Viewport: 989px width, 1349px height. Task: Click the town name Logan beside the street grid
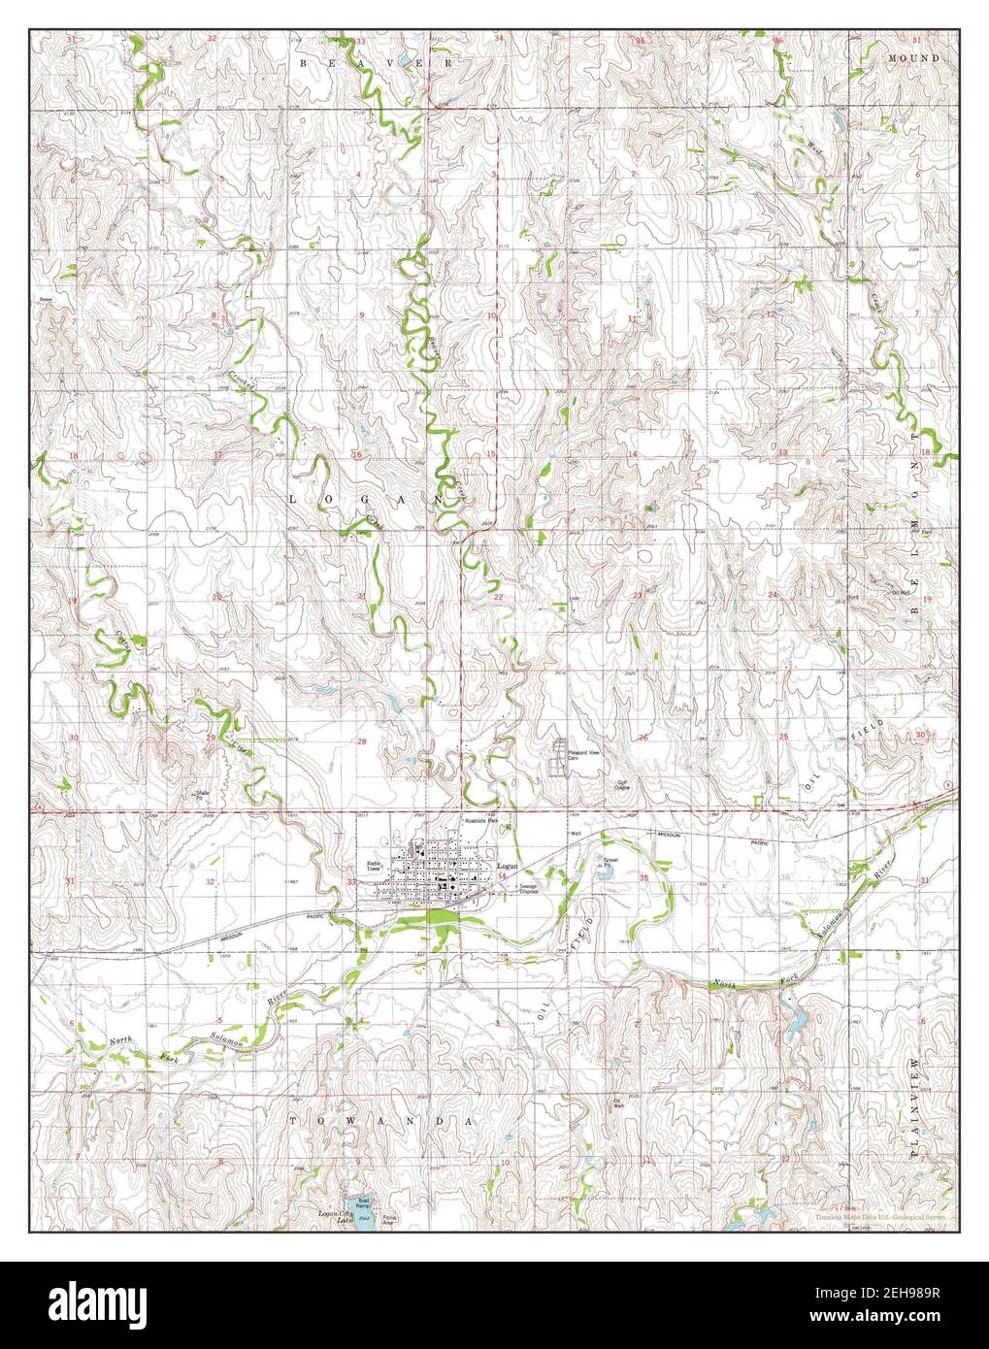pos(506,864)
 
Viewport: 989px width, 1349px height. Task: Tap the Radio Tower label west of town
pos(375,867)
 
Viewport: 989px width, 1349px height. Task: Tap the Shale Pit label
pos(204,794)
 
